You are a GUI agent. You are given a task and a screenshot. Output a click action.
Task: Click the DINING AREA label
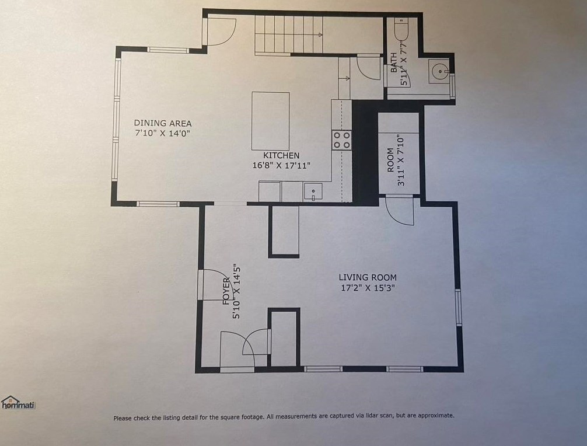click(x=163, y=123)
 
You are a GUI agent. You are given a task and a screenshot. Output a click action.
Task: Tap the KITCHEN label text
click(x=281, y=155)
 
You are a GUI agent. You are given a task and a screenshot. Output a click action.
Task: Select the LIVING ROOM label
click(x=368, y=277)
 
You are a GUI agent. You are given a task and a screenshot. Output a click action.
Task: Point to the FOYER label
click(x=226, y=291)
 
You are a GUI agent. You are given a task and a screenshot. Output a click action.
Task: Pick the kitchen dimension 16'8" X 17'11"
click(x=281, y=165)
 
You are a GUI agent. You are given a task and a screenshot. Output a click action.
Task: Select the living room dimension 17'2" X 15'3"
click(x=368, y=288)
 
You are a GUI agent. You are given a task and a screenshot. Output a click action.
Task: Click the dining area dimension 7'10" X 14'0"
click(x=163, y=133)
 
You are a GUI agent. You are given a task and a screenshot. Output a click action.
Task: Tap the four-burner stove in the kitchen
click(x=341, y=140)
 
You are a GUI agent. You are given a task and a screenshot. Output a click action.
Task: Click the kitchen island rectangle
click(x=270, y=121)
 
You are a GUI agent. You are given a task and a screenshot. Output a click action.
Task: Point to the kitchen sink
click(x=313, y=192)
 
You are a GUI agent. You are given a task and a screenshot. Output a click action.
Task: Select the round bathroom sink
click(x=439, y=71)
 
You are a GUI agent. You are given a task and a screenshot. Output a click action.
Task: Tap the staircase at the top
click(x=289, y=36)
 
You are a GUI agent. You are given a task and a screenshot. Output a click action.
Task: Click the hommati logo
click(x=18, y=403)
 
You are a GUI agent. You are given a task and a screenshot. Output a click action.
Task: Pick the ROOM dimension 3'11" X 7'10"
click(x=401, y=161)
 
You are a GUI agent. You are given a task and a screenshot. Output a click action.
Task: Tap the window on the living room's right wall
click(x=458, y=308)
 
